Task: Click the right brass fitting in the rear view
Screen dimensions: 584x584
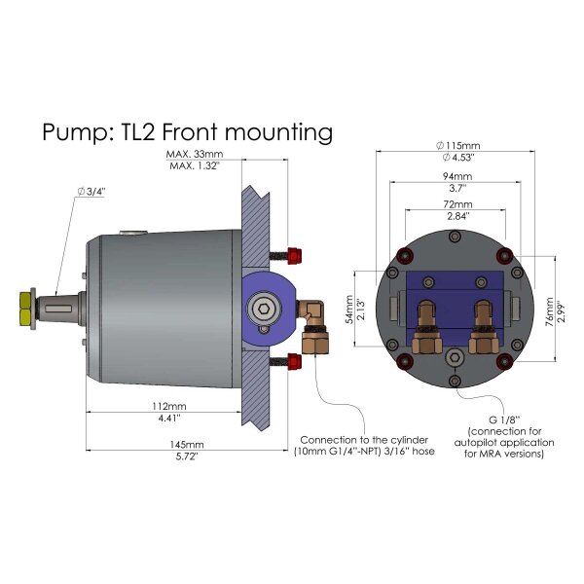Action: click(x=481, y=325)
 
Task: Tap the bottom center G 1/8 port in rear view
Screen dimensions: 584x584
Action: click(x=455, y=359)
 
